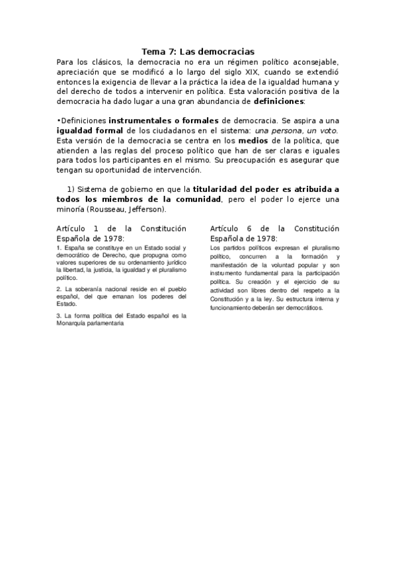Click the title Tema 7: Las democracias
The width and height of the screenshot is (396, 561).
(x=198, y=51)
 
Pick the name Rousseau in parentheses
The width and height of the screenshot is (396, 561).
(x=102, y=209)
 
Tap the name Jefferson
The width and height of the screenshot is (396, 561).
(x=143, y=209)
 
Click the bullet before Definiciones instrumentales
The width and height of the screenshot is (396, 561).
(x=59, y=121)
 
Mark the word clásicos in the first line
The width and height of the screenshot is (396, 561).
(x=106, y=61)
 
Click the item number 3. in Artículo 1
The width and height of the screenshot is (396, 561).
(x=59, y=316)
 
